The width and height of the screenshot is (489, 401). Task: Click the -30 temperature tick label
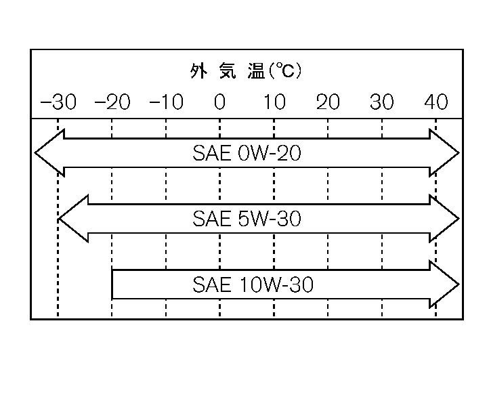point(58,102)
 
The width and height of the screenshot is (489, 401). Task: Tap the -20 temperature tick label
point(112,102)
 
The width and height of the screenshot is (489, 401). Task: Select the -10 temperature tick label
point(166,102)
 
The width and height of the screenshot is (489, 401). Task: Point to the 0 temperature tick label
point(219,102)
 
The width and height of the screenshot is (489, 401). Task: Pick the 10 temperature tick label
point(274,102)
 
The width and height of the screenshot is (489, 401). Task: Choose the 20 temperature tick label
point(328,102)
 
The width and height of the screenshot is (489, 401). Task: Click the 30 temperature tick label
point(382,102)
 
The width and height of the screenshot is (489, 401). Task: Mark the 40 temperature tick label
point(436,102)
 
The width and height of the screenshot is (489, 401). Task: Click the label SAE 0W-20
point(247,154)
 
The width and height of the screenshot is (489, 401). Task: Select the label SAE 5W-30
point(247,219)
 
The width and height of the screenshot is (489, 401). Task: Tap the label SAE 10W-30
point(253,285)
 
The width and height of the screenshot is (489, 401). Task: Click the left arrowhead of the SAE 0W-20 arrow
point(47,153)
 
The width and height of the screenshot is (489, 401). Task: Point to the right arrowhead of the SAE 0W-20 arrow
point(446,153)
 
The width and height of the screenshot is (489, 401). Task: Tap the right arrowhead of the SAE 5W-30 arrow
point(446,219)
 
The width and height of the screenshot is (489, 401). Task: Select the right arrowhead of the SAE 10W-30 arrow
point(446,284)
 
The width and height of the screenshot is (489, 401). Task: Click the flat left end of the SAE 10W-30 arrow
point(113,284)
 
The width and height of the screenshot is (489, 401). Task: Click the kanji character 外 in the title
point(197,71)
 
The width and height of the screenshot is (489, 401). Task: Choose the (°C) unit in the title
point(285,70)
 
